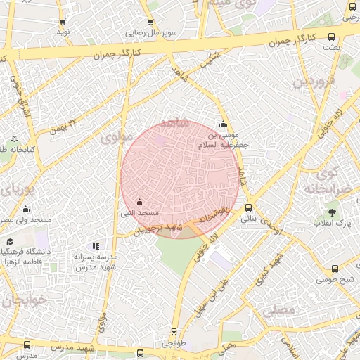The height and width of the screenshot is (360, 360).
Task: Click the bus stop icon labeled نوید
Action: pyautogui.click(x=63, y=22)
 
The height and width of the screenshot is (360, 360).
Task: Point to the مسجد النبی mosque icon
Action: pyautogui.click(x=139, y=202)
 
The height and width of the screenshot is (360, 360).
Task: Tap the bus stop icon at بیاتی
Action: pyautogui.click(x=248, y=207)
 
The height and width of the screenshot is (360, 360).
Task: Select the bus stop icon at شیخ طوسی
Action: pyautogui.click(x=335, y=268)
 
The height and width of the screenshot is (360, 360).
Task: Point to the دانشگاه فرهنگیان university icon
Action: pyautogui.click(x=11, y=240)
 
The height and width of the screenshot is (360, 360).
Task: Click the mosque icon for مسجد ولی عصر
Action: pyautogui.click(x=26, y=209)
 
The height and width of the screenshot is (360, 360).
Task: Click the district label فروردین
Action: pyautogui.click(x=311, y=82)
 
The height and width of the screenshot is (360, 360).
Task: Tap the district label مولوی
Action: pyautogui.click(x=117, y=138)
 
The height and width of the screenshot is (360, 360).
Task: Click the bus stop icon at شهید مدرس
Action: pyautogui.click(x=27, y=345)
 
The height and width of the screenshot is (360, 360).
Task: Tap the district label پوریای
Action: pyautogui.click(x=15, y=189)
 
